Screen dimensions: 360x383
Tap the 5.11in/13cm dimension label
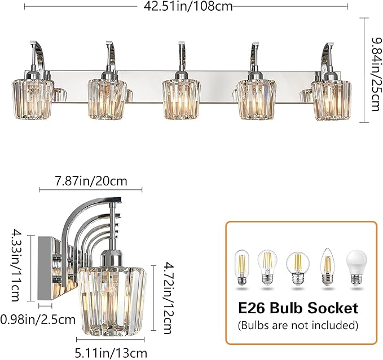point(111,353)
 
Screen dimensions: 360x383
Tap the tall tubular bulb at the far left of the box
point(241,266)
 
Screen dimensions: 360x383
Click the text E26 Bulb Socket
point(298,308)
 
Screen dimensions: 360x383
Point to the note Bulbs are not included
point(298,325)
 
